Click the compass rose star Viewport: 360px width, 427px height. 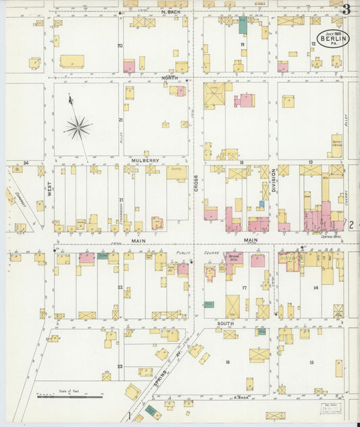(x=78, y=126)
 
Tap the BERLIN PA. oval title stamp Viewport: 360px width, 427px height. (x=334, y=39)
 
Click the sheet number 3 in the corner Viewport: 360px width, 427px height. (x=346, y=9)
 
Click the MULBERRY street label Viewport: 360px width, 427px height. (x=145, y=161)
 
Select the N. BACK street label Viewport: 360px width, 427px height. (x=172, y=12)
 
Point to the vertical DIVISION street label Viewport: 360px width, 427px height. (x=274, y=180)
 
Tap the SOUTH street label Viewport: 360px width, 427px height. (x=226, y=324)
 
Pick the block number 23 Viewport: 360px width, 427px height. (x=120, y=367)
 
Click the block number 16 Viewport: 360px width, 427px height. (x=228, y=362)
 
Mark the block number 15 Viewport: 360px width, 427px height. (x=311, y=362)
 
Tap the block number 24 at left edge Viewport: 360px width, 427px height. (x=26, y=163)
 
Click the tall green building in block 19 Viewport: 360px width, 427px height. (x=242, y=25)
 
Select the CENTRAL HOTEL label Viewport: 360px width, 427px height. (x=332, y=236)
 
